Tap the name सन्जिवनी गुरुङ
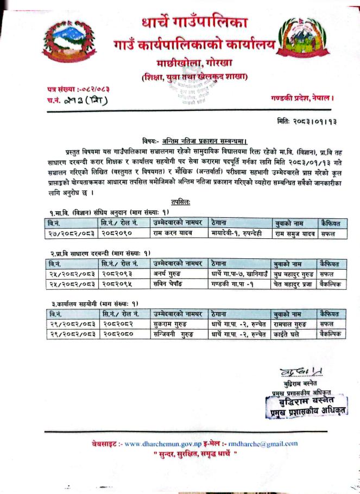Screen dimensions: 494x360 coord(175,334)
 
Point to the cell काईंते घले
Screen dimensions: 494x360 coord(288,334)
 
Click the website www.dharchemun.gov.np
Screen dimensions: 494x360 coord(163,444)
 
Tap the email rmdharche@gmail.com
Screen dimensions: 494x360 coord(263,444)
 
